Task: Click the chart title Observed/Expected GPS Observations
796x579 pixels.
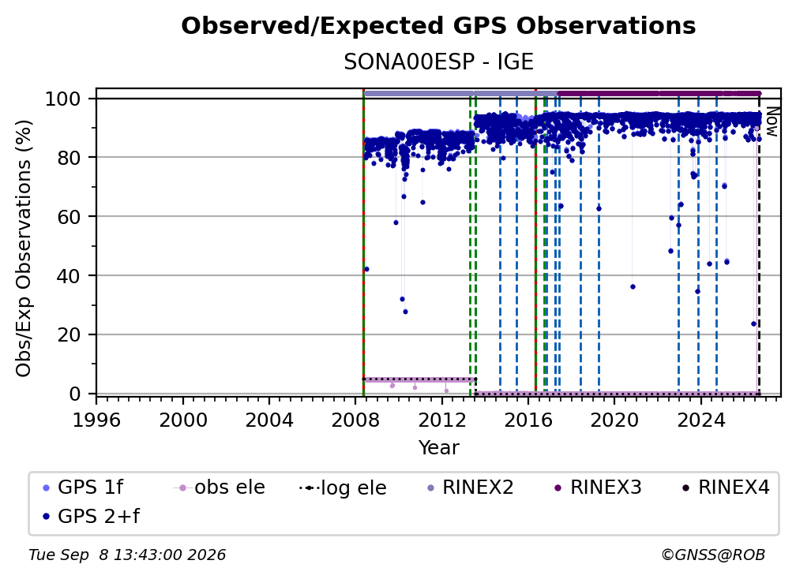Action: click(x=438, y=26)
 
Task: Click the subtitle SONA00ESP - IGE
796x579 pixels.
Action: click(x=438, y=62)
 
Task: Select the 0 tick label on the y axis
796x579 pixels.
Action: click(x=75, y=394)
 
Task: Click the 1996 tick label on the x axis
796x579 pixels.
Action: click(x=96, y=420)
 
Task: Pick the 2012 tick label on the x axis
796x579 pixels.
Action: click(x=441, y=420)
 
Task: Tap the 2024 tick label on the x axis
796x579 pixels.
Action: click(x=700, y=420)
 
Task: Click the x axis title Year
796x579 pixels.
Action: click(x=438, y=448)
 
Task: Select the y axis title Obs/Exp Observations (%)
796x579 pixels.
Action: click(x=24, y=248)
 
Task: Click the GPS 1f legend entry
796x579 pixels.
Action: click(x=83, y=487)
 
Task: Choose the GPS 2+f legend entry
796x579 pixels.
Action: click(x=92, y=516)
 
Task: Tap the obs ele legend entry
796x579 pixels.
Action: click(x=220, y=487)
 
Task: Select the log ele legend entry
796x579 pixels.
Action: click(x=344, y=487)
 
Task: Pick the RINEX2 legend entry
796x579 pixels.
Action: click(x=471, y=487)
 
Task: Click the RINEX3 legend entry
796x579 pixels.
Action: click(x=599, y=487)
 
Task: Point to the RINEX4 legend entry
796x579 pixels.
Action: click(x=727, y=487)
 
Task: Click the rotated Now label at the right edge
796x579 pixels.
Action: click(x=772, y=121)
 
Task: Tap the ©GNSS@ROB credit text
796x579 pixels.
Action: click(x=713, y=555)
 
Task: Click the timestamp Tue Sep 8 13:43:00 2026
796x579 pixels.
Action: click(x=127, y=555)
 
